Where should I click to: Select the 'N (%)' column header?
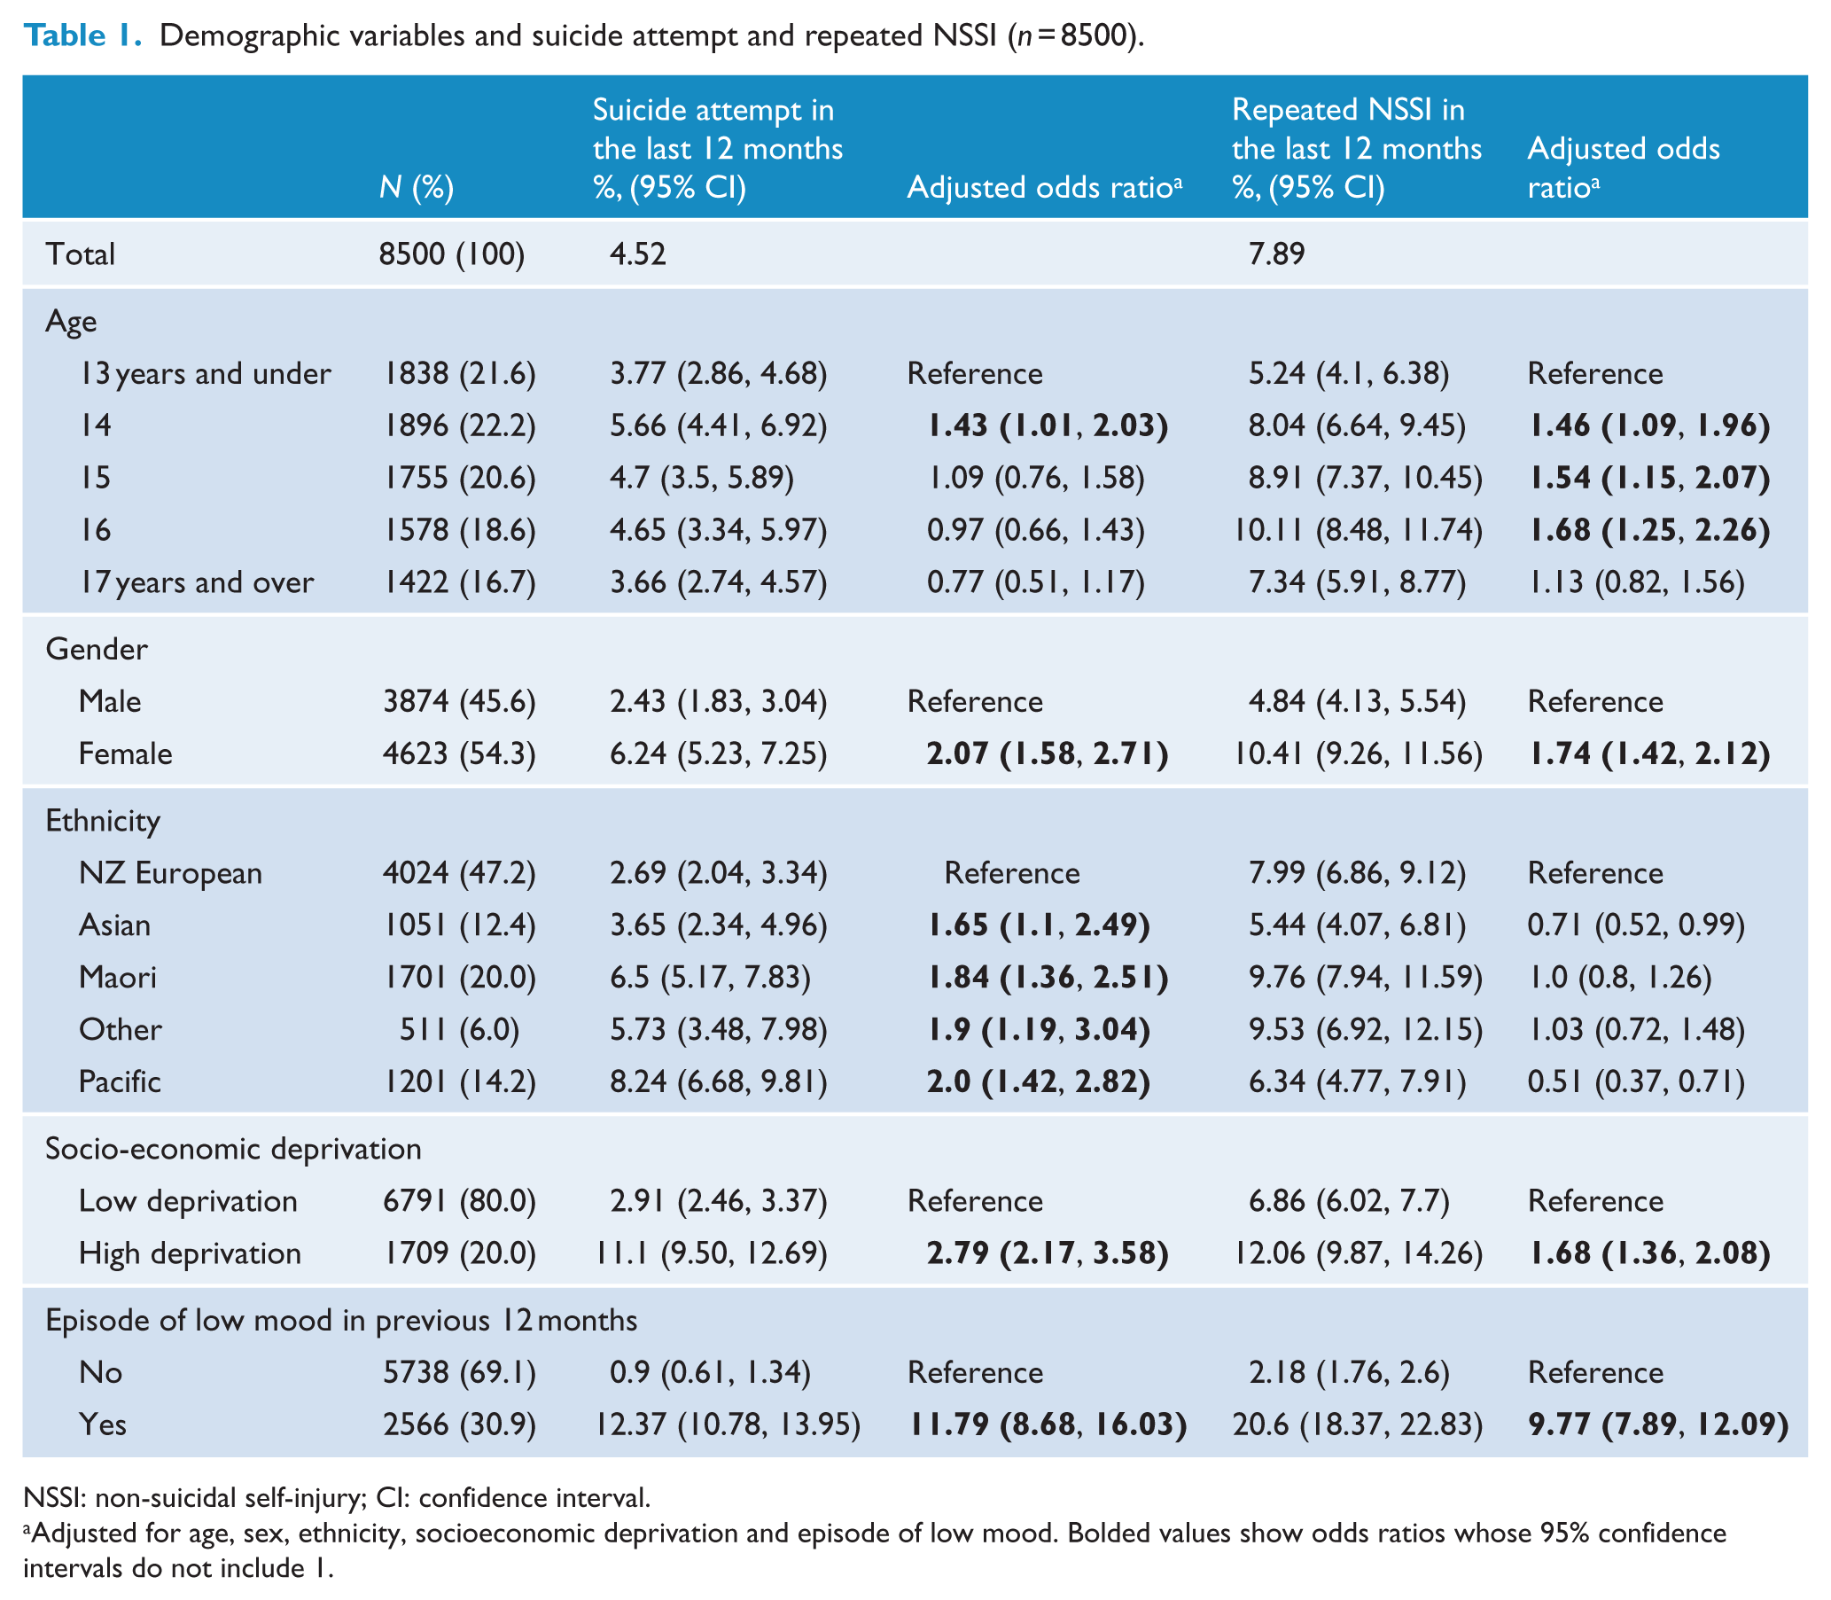[417, 187]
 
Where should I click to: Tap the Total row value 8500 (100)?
[452, 254]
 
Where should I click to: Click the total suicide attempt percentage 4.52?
[638, 254]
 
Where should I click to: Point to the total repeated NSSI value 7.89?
[1276, 254]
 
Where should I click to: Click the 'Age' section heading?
[72, 323]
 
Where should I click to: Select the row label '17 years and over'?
[197, 582]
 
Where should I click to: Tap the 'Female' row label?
[125, 753]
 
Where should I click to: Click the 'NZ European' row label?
[170, 872]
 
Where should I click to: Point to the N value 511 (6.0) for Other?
[460, 1029]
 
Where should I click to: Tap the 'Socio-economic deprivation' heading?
[233, 1148]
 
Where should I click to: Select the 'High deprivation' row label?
[191, 1253]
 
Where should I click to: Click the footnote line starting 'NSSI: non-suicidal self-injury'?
[337, 1497]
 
